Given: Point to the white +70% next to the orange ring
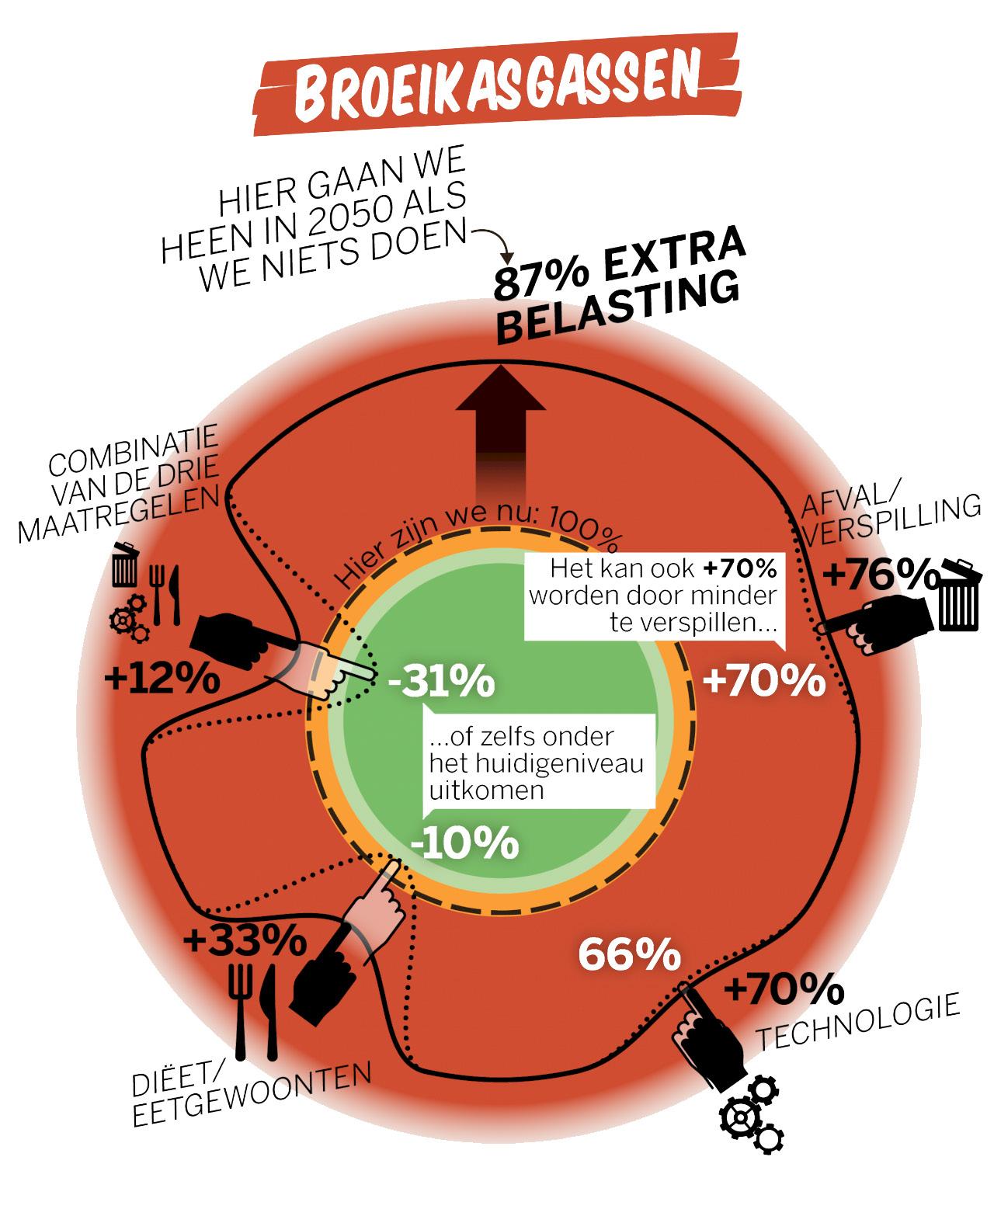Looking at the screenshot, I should pos(763,681).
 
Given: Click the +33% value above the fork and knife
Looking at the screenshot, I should pos(244,943).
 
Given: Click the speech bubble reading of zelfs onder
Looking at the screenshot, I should pos(536,762).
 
